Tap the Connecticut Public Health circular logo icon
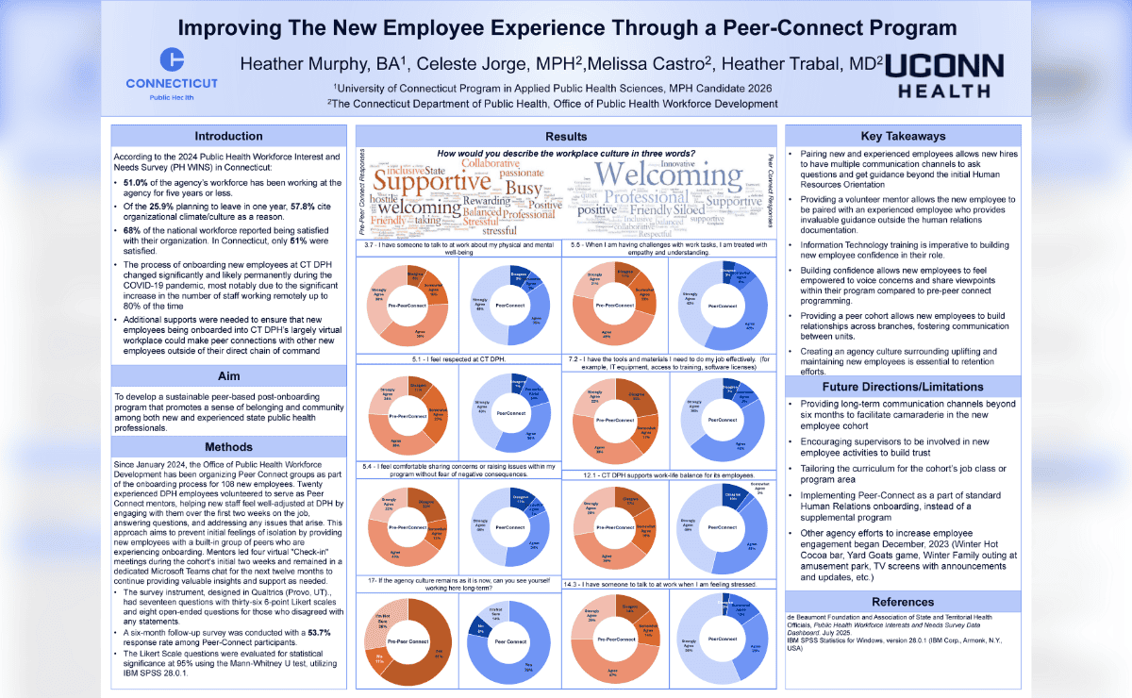coord(172,59)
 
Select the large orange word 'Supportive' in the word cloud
coord(433,182)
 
